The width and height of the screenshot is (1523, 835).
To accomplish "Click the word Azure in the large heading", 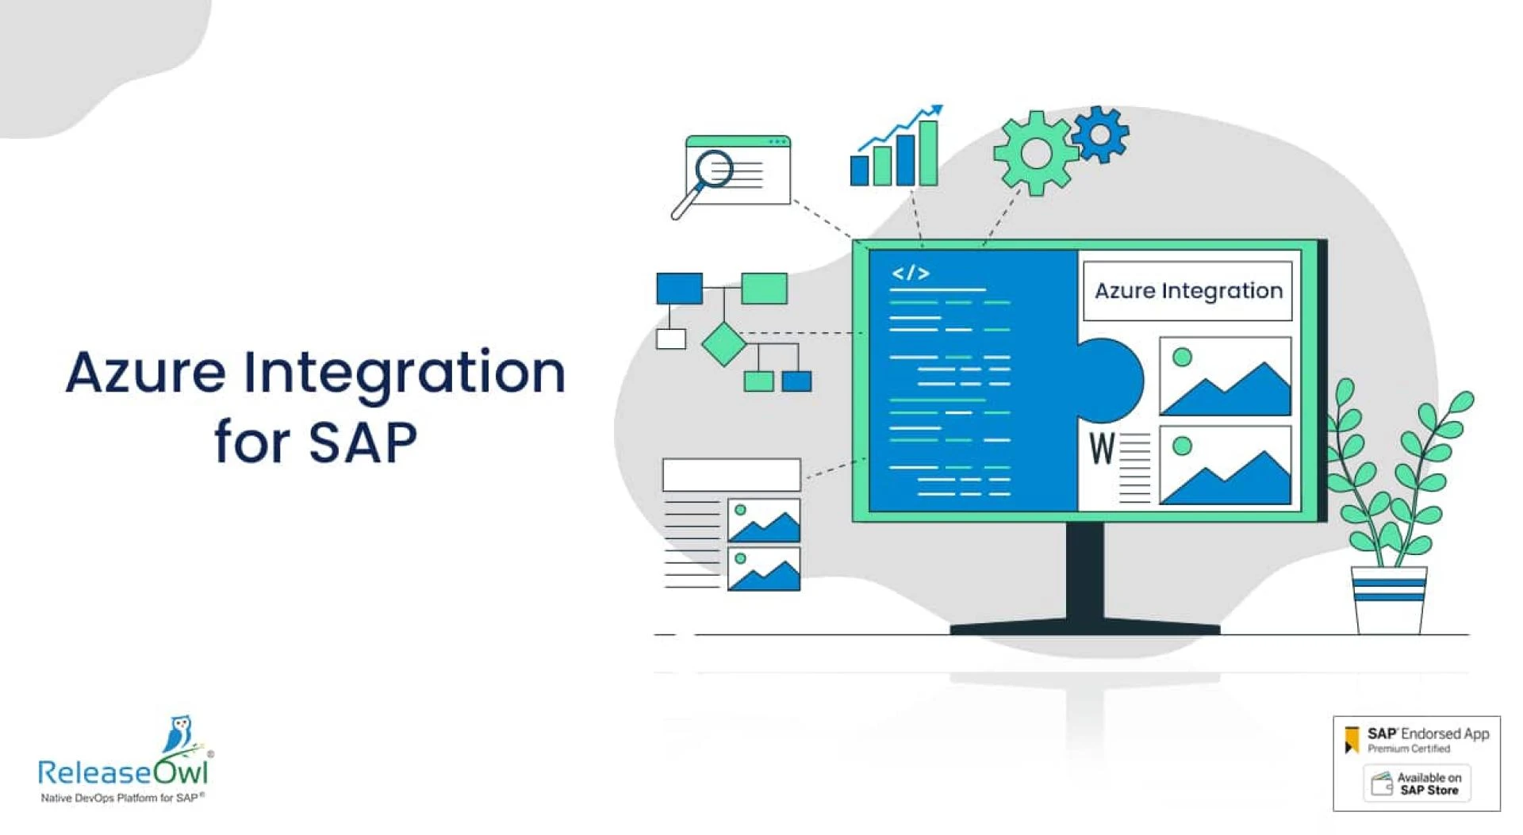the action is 146,373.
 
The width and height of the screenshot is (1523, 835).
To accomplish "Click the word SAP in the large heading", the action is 363,442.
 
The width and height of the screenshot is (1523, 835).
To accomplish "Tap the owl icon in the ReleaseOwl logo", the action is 179,733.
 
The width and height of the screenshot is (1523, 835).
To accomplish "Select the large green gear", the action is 1034,152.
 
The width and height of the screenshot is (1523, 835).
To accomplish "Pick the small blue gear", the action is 1100,134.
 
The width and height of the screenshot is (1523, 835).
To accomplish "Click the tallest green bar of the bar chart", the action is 928,153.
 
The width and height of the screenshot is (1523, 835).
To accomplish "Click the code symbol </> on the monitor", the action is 910,274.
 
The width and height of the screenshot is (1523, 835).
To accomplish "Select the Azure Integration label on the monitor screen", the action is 1187,291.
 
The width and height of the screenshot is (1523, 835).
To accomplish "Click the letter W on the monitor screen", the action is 1102,448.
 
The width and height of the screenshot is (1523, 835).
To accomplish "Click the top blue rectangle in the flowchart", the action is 679,289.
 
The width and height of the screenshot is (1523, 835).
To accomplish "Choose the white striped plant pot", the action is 1389,600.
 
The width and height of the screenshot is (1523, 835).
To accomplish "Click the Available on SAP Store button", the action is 1417,783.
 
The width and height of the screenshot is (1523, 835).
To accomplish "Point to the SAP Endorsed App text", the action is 1428,734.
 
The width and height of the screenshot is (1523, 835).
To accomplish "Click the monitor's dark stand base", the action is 1084,627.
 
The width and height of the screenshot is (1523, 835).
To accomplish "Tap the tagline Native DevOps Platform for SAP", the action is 122,798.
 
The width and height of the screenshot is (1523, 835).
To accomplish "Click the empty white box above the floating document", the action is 731,474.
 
